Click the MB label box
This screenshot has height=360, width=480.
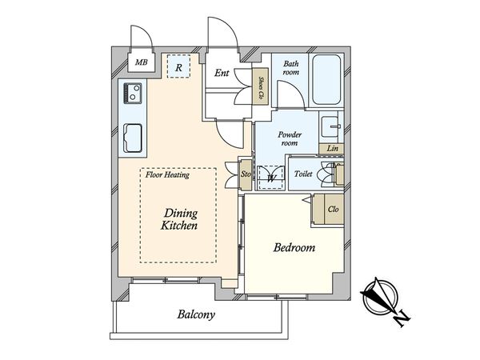[x=141, y=62]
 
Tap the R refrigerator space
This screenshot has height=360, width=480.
[x=178, y=66]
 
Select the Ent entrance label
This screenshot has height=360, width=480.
[x=222, y=73]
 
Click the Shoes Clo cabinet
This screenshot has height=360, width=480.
[x=260, y=86]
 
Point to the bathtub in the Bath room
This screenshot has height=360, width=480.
[x=326, y=80]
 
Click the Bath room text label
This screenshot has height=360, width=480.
[x=291, y=68]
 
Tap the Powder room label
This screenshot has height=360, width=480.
[x=290, y=138]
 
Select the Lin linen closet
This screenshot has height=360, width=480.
[x=331, y=149]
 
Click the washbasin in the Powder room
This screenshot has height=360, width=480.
[x=330, y=126]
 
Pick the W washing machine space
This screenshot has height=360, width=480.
[x=271, y=178]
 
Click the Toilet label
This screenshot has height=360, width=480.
[x=303, y=174]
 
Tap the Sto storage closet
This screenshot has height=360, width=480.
[x=246, y=174]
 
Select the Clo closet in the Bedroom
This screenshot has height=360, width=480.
[x=329, y=210]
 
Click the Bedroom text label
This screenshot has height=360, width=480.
[x=294, y=247]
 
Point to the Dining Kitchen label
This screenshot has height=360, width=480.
[x=179, y=219]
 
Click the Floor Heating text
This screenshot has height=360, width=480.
[x=167, y=174]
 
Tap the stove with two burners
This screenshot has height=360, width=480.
[x=133, y=94]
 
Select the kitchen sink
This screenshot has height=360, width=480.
[x=133, y=138]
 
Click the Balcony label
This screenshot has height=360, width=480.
[x=196, y=314]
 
